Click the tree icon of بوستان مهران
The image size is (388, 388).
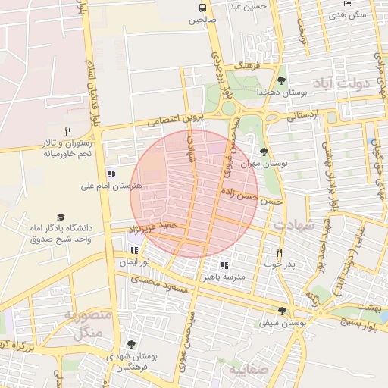click(264, 152)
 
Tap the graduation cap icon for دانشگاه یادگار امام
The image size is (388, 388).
click(61, 217)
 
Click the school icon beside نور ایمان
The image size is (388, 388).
click(134, 249)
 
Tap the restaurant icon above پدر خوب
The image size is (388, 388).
click(279, 252)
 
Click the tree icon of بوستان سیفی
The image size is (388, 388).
click(283, 311)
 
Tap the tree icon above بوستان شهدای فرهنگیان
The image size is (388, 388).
click(131, 345)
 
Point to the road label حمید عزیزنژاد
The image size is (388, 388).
click(155, 227)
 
